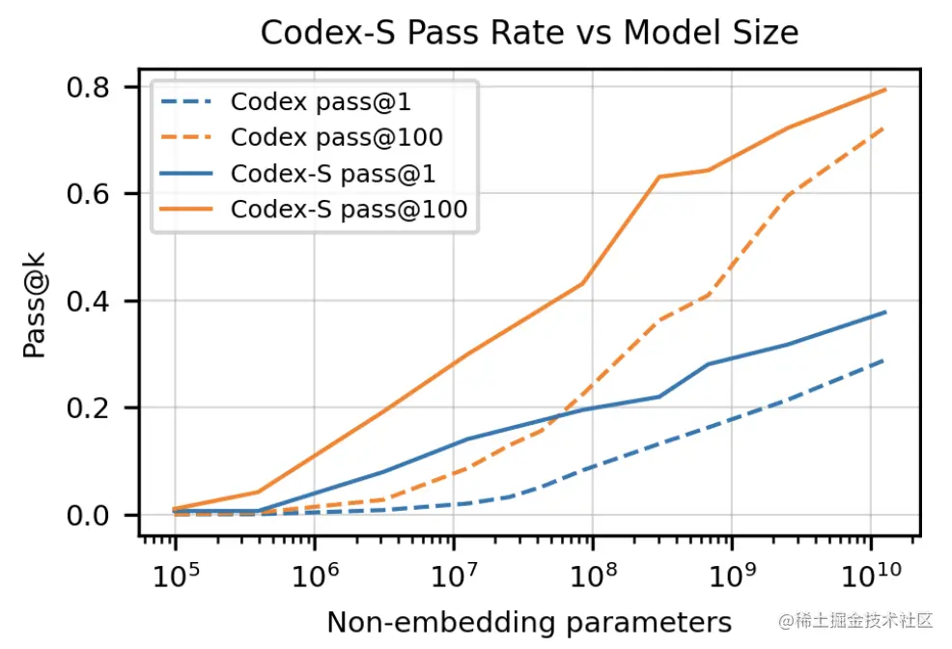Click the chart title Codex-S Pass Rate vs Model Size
pyautogui.click(x=529, y=34)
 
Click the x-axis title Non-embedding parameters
pyautogui.click(x=529, y=621)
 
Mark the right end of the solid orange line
pyautogui.click(x=885, y=90)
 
